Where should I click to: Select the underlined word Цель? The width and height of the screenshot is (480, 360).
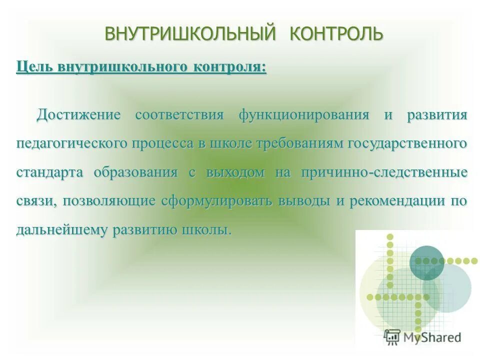34,66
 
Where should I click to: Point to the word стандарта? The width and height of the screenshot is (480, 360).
50,172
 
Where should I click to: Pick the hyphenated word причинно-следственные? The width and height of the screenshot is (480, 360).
384,172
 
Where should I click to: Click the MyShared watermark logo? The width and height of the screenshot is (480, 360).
422,336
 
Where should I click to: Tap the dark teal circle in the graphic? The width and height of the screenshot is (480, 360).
426,262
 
